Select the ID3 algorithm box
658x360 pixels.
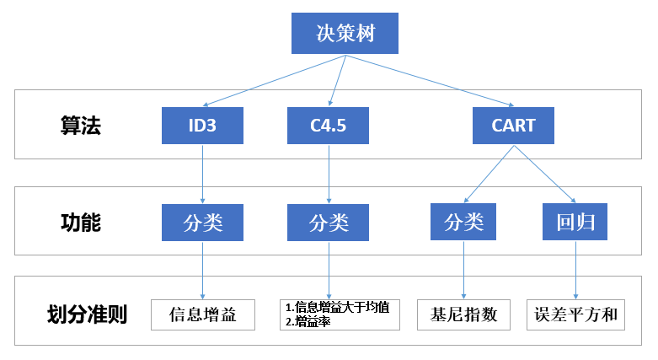[202, 126]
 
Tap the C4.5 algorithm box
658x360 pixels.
[328, 126]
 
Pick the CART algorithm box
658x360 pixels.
[513, 126]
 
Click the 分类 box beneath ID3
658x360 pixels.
[202, 223]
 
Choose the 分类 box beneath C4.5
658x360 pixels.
[328, 223]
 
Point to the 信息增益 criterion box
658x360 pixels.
[202, 314]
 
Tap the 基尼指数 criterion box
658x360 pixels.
[463, 314]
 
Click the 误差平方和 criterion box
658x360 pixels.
[576, 314]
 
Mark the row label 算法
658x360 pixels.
[80, 126]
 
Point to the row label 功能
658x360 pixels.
[80, 223]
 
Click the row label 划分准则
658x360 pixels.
[87, 315]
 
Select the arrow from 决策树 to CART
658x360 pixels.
[430, 81]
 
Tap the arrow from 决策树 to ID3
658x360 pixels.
[274, 81]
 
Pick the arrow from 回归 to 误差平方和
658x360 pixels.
[575, 270]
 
